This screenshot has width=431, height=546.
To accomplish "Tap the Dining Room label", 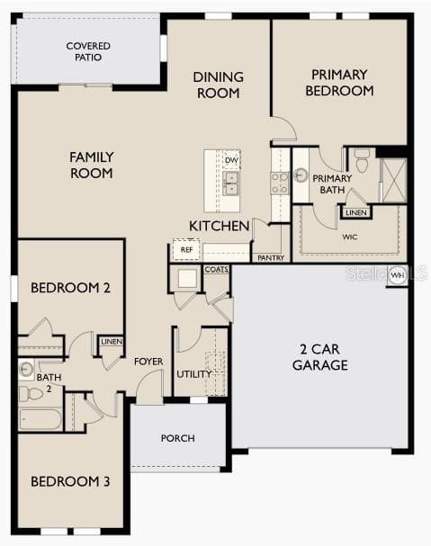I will [217, 85].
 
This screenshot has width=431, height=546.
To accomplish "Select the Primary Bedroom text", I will [339, 83].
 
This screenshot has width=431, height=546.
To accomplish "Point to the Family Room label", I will [92, 165].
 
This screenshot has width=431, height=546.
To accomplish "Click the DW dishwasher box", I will [231, 160].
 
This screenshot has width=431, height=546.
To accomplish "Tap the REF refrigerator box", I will [186, 249].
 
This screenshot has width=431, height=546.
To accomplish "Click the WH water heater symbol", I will [397, 274].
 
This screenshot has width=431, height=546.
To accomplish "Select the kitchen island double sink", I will [231, 183].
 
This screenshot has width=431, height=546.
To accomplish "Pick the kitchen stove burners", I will [280, 183].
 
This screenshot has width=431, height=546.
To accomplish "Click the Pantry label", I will [270, 257].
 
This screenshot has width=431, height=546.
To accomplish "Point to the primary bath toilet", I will [362, 163].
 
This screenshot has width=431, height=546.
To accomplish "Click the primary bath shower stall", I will [393, 180].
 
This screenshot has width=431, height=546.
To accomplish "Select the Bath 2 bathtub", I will [40, 419].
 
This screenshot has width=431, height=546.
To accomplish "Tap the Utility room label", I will [193, 374].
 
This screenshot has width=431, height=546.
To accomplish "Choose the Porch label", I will [178, 438].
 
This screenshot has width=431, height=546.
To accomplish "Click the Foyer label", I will [148, 362].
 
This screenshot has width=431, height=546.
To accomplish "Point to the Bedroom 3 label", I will [70, 482].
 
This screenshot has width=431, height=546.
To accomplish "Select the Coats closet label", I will [216, 269].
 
